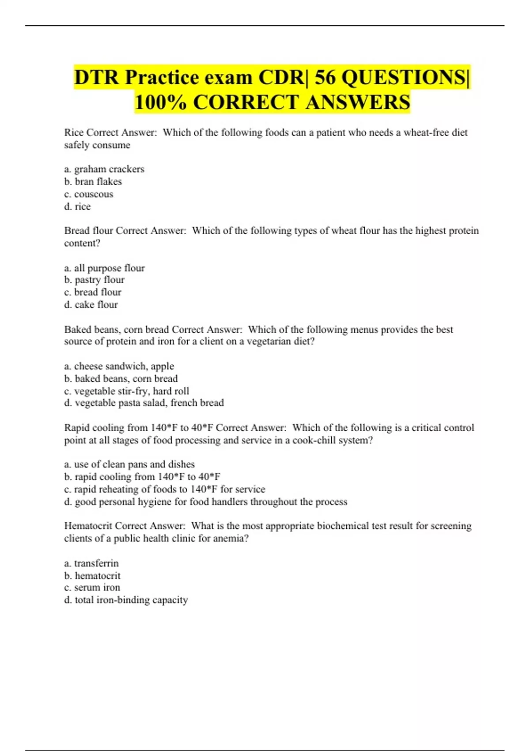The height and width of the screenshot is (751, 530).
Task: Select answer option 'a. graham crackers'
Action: (104, 169)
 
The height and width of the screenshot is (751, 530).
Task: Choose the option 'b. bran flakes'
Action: (93, 182)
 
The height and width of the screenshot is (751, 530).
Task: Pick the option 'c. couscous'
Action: (89, 194)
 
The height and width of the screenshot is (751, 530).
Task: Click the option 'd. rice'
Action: (77, 206)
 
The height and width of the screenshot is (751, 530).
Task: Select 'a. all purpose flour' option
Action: (104, 268)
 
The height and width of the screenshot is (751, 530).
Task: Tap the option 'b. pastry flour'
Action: (94, 280)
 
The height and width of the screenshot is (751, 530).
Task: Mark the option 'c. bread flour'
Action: (93, 292)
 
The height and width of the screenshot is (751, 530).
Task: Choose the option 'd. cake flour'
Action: (91, 304)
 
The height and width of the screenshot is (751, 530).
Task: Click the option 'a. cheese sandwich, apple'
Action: (119, 366)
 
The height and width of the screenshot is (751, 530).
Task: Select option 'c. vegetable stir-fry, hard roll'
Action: (126, 391)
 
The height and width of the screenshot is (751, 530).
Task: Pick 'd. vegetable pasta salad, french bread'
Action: (144, 403)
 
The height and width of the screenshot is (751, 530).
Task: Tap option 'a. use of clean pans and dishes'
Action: (129, 464)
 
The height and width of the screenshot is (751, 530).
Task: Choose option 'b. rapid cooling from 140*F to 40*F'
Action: (142, 477)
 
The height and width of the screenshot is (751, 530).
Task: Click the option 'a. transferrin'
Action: (91, 563)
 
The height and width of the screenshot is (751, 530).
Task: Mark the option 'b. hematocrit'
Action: (92, 576)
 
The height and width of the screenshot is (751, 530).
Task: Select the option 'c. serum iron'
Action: (92, 588)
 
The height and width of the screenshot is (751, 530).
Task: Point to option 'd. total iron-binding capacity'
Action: (126, 600)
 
